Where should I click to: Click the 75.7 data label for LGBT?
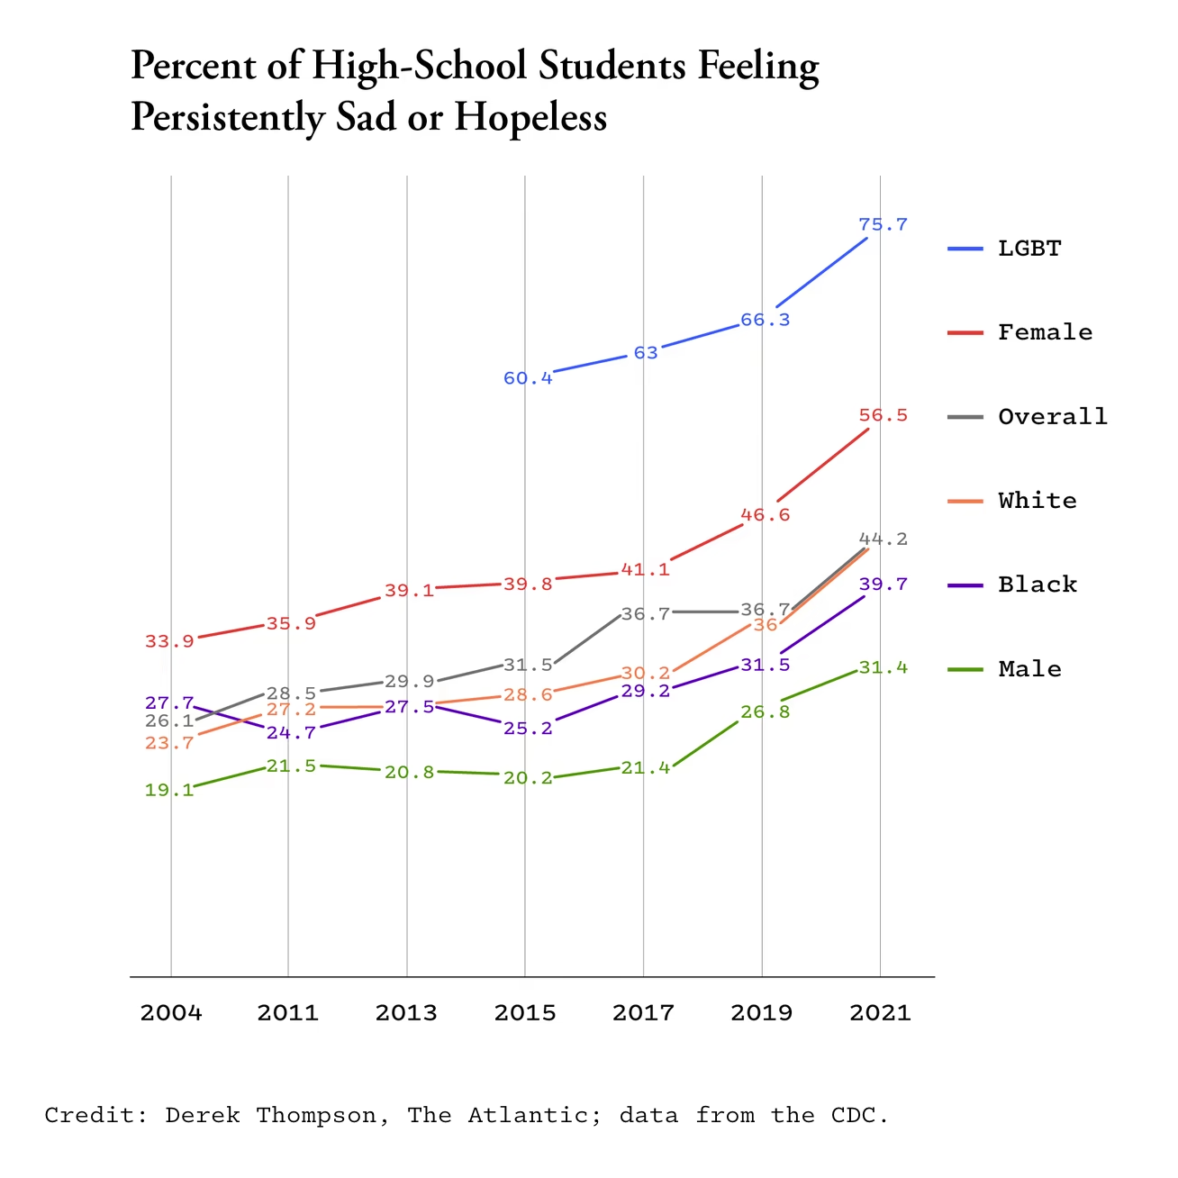coord(883,224)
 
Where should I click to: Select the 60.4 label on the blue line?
coord(528,378)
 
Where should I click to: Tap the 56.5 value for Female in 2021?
coord(883,415)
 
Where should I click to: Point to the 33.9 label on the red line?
coord(169,641)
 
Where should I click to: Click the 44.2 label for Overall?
coord(883,539)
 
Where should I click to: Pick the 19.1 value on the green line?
coord(169,790)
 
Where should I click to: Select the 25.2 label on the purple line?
coord(528,728)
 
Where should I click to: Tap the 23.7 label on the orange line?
coord(169,743)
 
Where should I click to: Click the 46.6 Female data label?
coord(765,515)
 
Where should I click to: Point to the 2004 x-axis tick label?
coord(171,1013)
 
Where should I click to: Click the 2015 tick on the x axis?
coord(525,1013)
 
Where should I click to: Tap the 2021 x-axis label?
coord(880,1013)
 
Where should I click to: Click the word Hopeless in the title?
coord(530,118)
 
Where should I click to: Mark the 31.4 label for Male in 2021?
coord(883,668)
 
